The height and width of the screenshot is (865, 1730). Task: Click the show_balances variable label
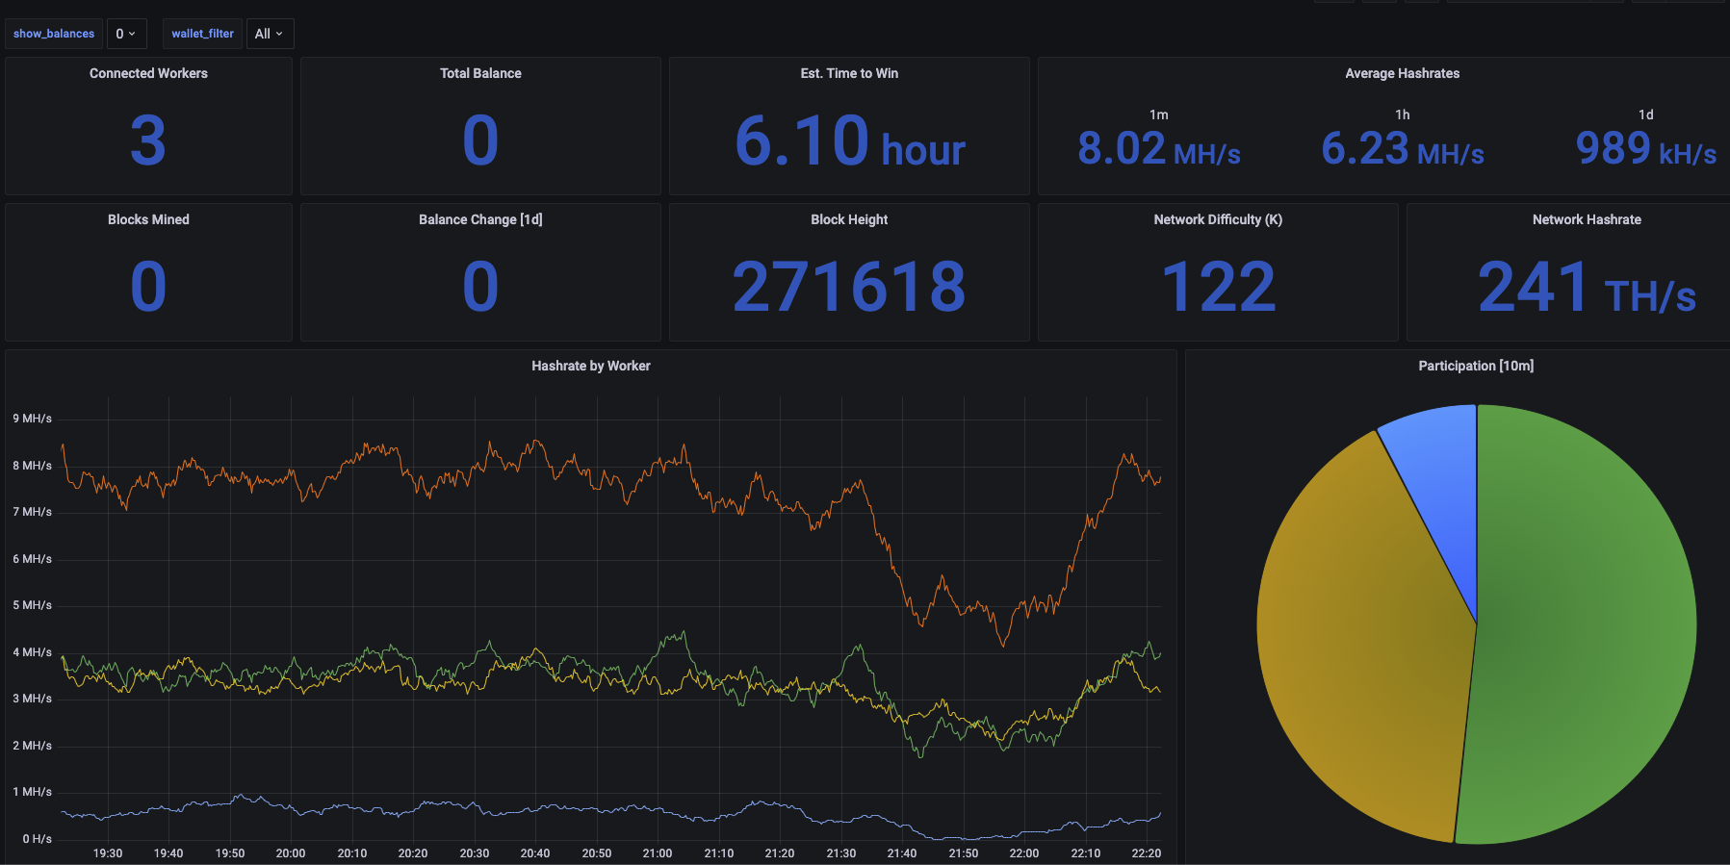[54, 34]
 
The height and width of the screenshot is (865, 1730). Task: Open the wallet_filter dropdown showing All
[269, 34]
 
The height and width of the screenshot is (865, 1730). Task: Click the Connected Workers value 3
[148, 140]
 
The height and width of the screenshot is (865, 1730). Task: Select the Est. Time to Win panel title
[849, 73]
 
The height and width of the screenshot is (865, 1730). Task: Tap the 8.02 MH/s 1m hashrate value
[1158, 149]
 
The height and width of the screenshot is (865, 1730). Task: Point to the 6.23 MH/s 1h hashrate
[1402, 149]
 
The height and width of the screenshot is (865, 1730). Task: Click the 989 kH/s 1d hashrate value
[1645, 149]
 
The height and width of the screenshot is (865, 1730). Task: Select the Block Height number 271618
[849, 287]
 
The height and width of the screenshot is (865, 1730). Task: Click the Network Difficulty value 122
[1218, 287]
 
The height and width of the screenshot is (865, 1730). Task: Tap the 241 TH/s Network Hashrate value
[1586, 287]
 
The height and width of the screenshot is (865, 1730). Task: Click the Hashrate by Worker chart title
[590, 366]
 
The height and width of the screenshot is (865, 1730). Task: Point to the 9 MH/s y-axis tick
[33, 419]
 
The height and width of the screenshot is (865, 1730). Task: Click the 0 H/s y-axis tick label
[37, 839]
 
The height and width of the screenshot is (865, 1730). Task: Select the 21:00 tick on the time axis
[658, 853]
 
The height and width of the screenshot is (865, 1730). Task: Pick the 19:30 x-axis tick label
[108, 853]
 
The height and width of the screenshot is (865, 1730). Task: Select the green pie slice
[1588, 625]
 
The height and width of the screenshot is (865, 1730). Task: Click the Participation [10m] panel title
[1476, 366]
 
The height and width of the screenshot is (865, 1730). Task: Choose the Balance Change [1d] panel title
[480, 219]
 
